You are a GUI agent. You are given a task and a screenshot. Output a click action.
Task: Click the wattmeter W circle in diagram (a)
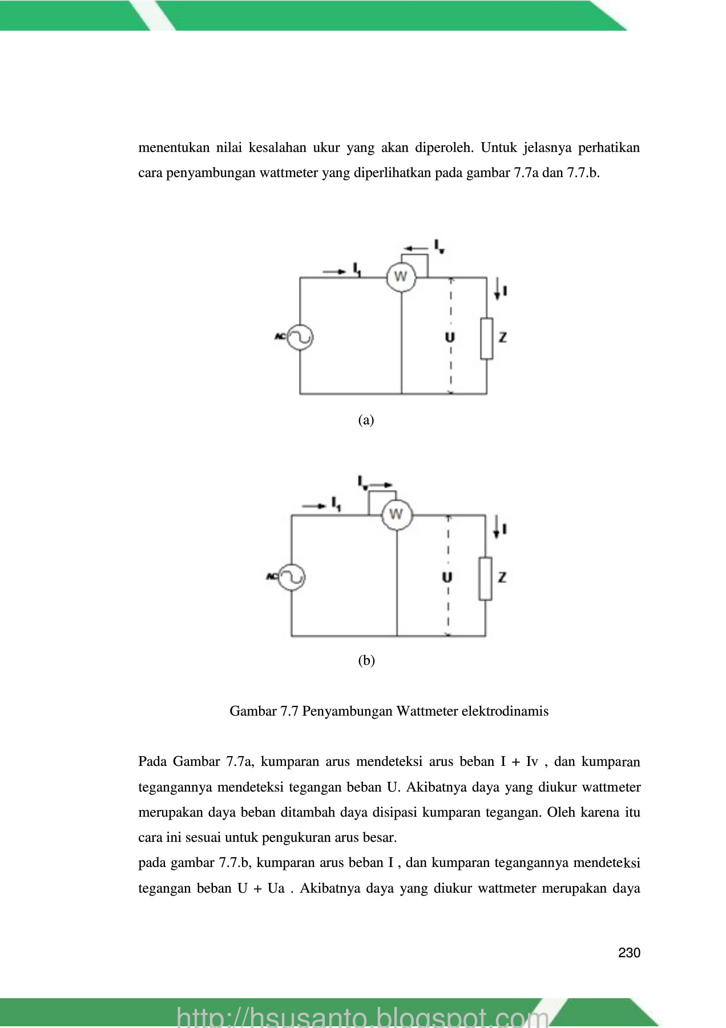[401, 277]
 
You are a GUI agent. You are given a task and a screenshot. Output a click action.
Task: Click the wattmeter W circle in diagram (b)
[396, 515]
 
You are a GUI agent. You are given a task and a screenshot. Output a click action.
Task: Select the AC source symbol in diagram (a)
[300, 337]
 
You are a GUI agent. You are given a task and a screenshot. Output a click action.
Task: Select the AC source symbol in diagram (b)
[292, 577]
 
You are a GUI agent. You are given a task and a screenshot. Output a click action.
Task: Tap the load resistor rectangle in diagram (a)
[486, 339]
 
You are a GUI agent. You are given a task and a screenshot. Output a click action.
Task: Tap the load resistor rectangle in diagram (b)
[485, 579]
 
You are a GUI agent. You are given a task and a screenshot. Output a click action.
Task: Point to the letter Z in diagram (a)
[503, 338]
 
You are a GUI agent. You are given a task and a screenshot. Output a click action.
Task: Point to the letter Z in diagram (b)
[502, 577]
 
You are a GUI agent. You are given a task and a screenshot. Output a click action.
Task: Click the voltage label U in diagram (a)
[450, 338]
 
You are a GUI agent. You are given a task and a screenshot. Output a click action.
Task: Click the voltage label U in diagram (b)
[447, 577]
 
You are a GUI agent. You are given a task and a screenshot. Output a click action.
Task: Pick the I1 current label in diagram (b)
[336, 504]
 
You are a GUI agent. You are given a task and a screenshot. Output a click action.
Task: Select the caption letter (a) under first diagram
[366, 420]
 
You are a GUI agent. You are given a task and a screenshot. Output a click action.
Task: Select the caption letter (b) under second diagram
[366, 661]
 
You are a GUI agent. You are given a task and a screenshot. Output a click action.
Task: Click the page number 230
[629, 953]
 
